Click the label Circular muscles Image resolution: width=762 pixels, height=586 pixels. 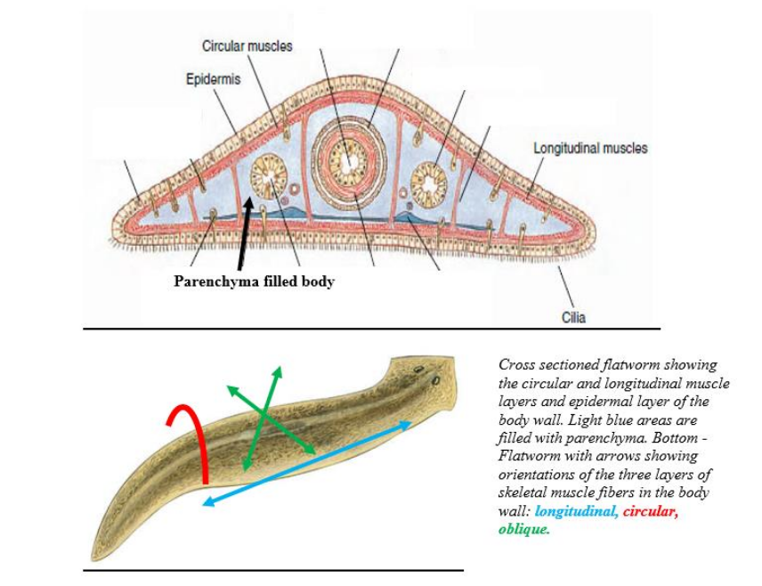click(247, 45)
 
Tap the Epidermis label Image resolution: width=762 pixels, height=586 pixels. click(213, 80)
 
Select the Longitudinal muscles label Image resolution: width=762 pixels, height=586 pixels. click(590, 148)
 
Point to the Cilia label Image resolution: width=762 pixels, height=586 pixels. click(574, 317)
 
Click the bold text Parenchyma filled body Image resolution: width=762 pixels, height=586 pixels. click(254, 282)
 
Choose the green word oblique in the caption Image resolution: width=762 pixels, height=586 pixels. click(523, 529)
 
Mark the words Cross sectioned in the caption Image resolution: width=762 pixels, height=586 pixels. click(548, 364)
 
